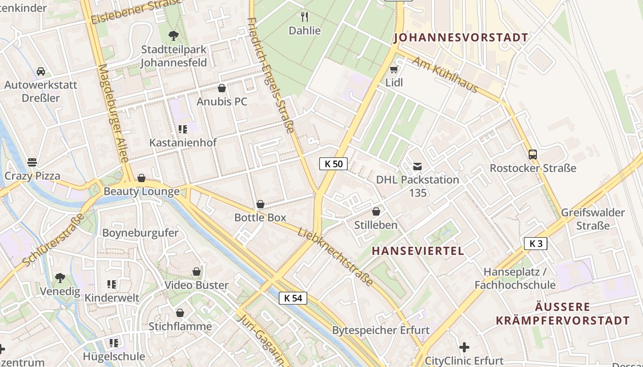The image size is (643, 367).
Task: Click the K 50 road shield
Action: tap(333, 164)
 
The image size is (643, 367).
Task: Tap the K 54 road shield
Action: tap(293, 298)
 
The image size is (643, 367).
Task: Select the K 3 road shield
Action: tap(536, 244)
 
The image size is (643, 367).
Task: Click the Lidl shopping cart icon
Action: tap(394, 70)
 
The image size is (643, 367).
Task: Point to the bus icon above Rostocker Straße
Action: tap(533, 155)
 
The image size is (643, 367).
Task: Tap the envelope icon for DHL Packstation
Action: tap(417, 166)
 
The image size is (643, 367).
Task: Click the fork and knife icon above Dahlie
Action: tap(305, 17)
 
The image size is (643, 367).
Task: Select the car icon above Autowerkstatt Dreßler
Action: tap(41, 72)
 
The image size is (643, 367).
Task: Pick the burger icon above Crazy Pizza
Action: tap(32, 162)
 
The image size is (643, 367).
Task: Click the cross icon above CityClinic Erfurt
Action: tap(464, 347)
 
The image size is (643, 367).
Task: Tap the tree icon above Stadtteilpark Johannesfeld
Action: tap(174, 35)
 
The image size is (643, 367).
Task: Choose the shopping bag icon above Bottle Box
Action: tap(260, 204)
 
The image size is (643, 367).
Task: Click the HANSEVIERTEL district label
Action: tap(417, 251)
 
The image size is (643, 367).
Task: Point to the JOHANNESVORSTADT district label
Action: tap(461, 38)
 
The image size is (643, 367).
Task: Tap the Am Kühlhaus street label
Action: tap(445, 75)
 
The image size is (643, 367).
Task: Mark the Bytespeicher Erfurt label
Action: tap(381, 330)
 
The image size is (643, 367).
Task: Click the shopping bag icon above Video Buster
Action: tap(197, 272)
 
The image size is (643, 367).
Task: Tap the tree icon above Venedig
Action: tap(60, 278)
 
